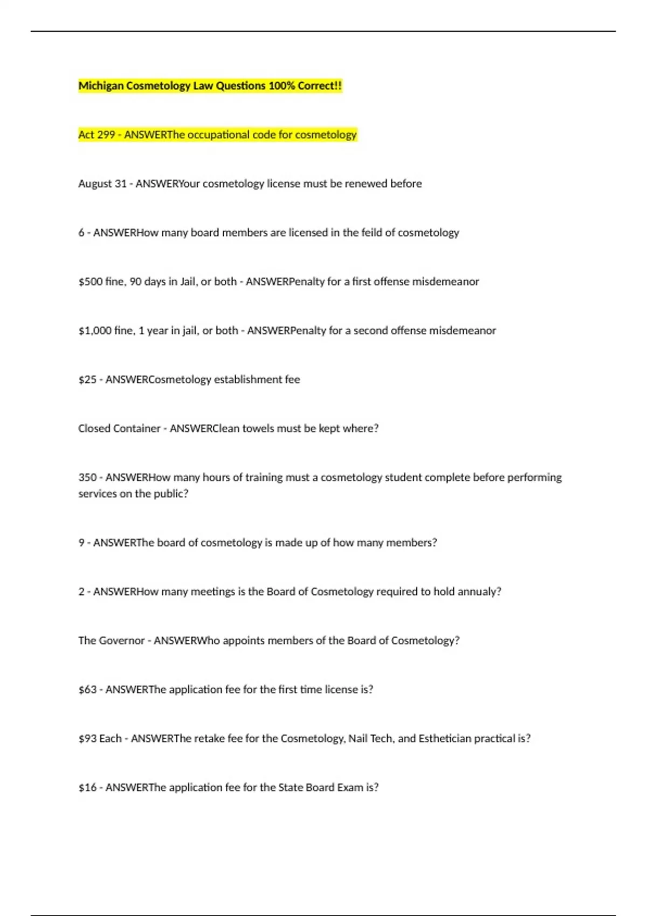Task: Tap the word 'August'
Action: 95,184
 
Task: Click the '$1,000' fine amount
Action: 94,331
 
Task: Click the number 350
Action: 87,478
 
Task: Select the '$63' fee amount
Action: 87,690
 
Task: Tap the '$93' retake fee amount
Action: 87,739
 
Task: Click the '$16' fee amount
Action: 87,788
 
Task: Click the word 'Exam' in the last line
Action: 350,788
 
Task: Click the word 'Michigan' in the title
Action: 101,86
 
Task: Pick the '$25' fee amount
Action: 87,380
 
